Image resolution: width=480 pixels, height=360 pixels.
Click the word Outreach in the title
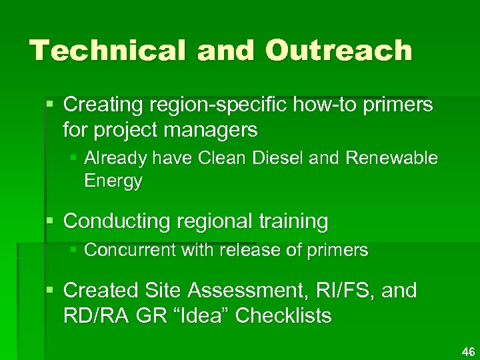[338, 51]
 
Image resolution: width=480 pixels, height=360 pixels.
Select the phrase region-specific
[215, 105]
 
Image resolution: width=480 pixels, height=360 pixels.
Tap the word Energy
[113, 181]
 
